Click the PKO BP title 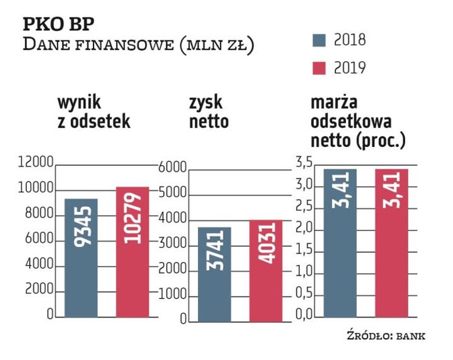[x=59, y=25]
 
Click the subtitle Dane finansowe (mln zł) [x=138, y=45]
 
